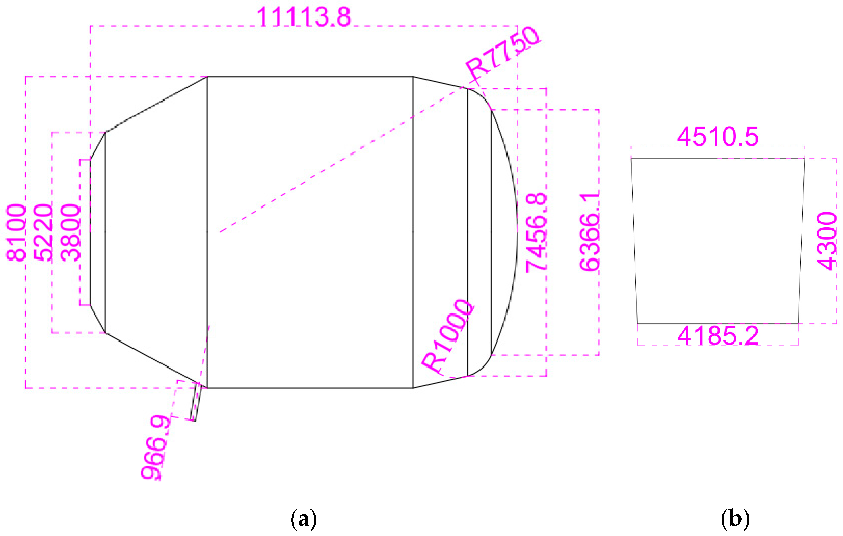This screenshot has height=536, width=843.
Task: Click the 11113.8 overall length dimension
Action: coord(304,17)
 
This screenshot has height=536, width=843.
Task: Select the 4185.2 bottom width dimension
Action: coord(718,336)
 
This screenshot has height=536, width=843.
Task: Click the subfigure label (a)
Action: coord(304,518)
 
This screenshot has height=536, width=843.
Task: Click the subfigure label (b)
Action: coord(735,518)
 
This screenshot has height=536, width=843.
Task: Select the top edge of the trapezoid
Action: coord(718,159)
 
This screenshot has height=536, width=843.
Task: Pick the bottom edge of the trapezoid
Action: coord(718,324)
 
